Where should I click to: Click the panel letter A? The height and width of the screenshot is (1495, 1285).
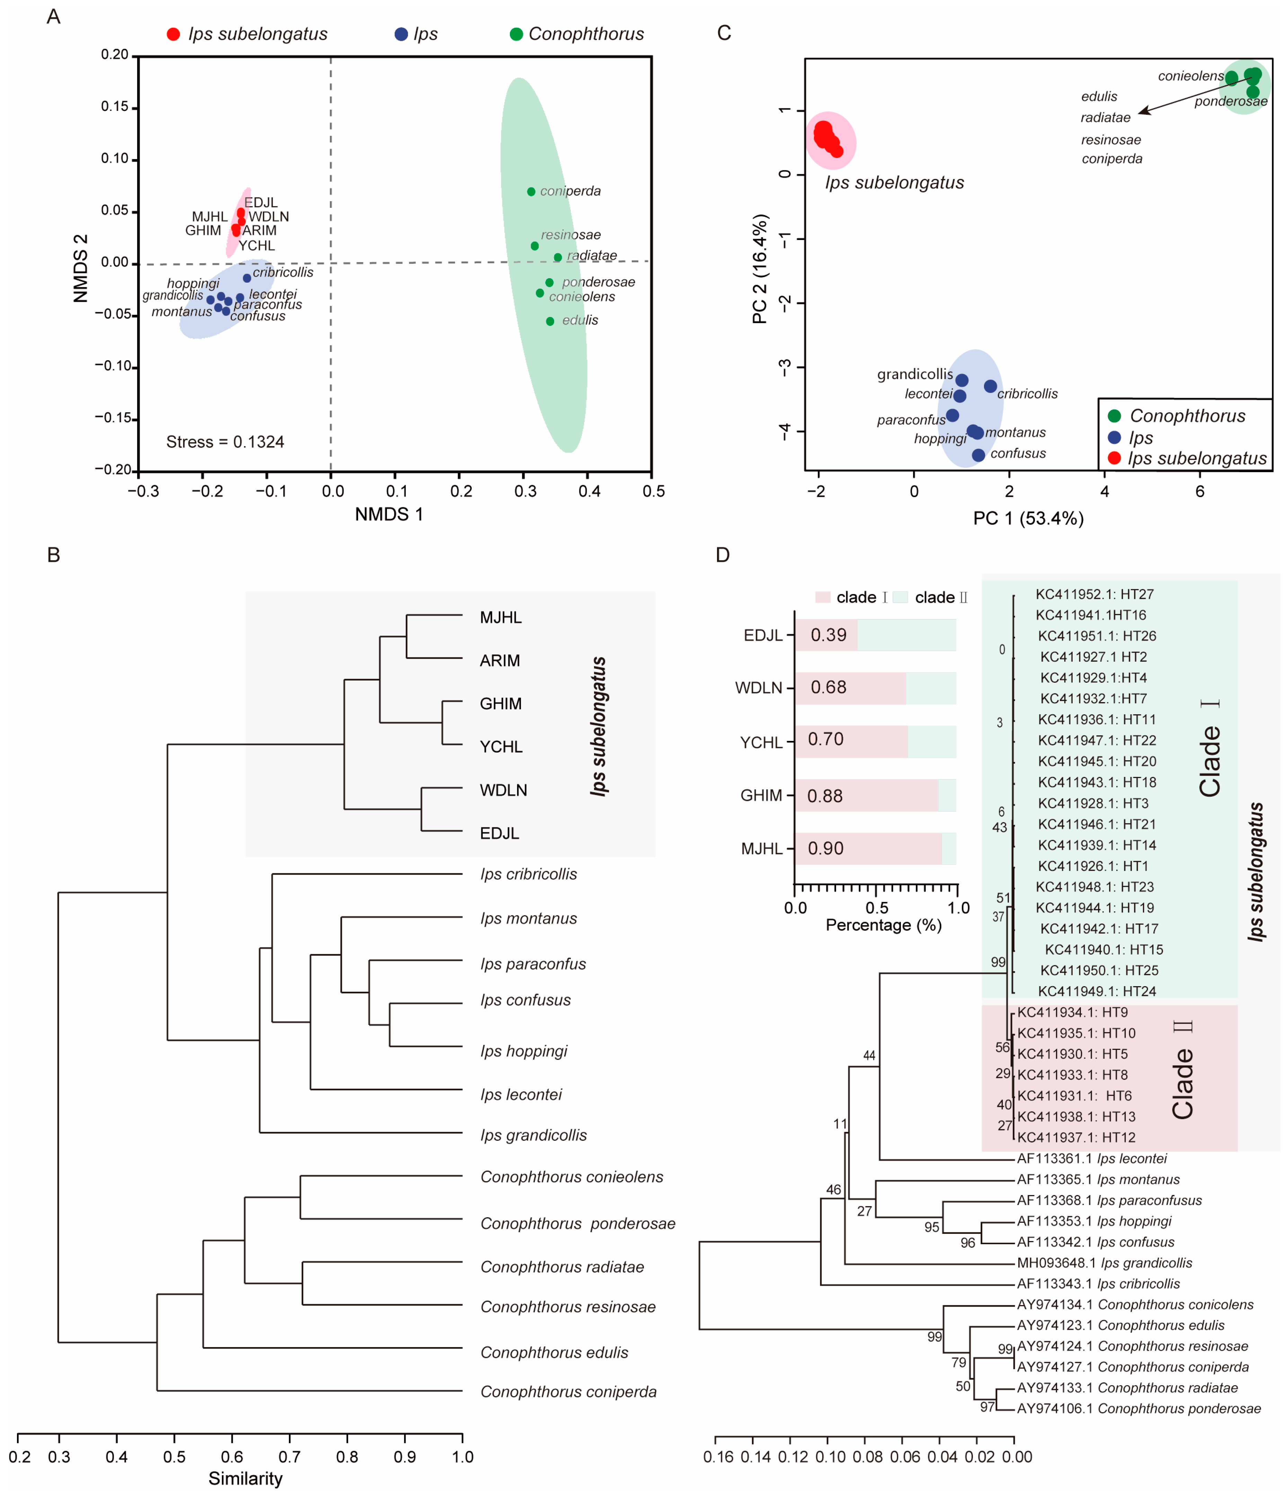tap(53, 17)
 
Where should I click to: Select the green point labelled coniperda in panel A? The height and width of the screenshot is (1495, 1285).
tap(531, 192)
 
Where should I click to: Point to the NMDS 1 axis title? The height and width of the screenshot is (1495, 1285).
tap(389, 514)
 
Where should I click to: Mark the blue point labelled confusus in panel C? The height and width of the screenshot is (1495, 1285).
tap(978, 455)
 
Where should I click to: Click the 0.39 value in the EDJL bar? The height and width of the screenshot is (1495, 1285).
tap(828, 635)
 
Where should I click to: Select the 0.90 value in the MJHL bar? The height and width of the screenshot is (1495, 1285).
tap(825, 849)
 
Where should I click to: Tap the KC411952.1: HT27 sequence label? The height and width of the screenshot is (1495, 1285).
tap(1095, 594)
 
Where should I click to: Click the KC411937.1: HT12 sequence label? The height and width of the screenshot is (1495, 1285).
tap(1076, 1138)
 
